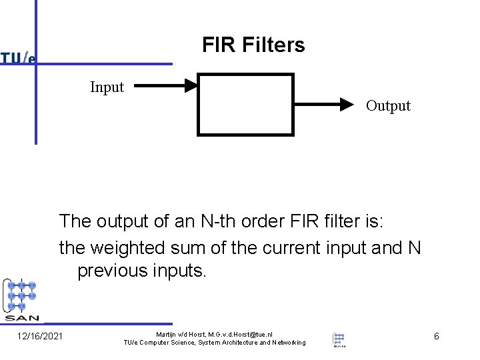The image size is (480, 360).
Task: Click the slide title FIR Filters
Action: click(x=253, y=45)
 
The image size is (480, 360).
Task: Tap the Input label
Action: click(x=107, y=87)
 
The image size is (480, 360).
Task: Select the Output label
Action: click(x=388, y=105)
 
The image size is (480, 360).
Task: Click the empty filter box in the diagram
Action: click(x=245, y=104)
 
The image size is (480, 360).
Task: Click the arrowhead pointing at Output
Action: click(x=345, y=104)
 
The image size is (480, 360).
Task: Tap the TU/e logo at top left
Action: click(x=18, y=58)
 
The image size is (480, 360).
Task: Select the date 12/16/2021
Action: click(x=39, y=336)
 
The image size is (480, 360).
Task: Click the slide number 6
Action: click(x=436, y=336)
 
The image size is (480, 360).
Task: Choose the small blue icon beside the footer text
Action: click(x=339, y=339)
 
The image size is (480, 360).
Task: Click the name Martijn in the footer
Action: click(x=167, y=333)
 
